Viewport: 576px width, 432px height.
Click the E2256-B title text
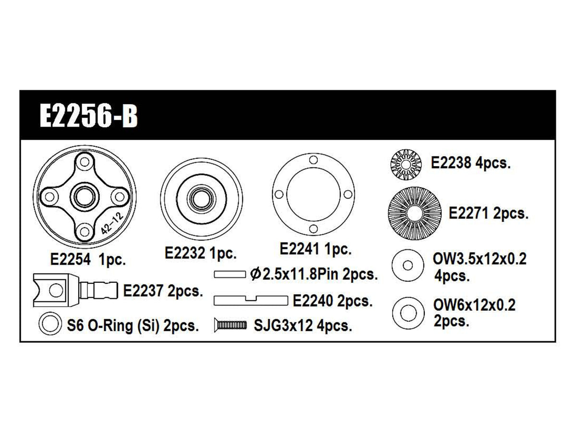coord(89,116)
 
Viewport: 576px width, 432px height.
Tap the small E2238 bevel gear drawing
coord(406,165)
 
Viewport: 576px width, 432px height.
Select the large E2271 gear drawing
coord(414,214)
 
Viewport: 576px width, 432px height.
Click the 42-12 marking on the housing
coord(112,223)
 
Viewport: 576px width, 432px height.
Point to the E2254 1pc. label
coord(88,260)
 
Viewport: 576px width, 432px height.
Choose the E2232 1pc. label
coord(201,253)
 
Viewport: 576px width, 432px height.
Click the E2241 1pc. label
coord(316,249)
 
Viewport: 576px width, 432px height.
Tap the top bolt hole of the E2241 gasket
coord(313,160)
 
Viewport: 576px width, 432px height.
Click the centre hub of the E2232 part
coord(201,199)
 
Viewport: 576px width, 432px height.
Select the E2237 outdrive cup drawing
coord(75,290)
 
